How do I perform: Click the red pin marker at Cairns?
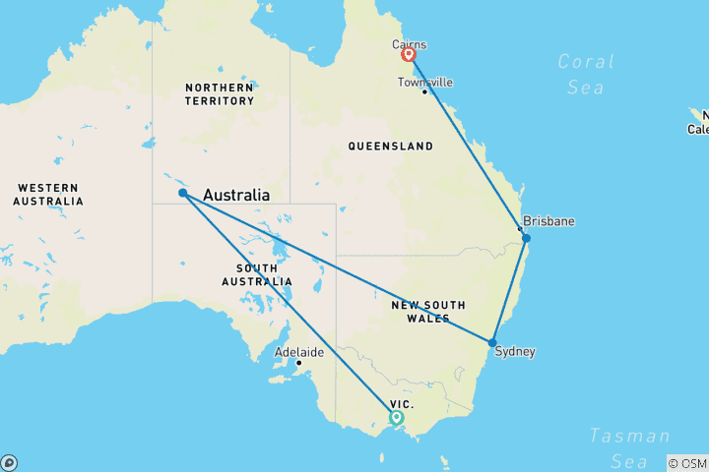408,54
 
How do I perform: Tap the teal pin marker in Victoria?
396,417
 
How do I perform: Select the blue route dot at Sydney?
492,342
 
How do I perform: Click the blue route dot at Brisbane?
526,238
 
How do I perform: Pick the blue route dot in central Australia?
183,193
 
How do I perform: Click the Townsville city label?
425,82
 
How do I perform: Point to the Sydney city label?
516,351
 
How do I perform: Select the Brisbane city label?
548,221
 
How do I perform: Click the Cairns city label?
409,44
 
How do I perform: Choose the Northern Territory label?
220,94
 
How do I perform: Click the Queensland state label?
390,147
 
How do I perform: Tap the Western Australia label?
47,195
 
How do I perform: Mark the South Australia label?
264,274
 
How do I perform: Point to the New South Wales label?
434,312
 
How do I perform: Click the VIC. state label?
402,404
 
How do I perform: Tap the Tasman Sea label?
629,447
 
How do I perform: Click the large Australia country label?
236,196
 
